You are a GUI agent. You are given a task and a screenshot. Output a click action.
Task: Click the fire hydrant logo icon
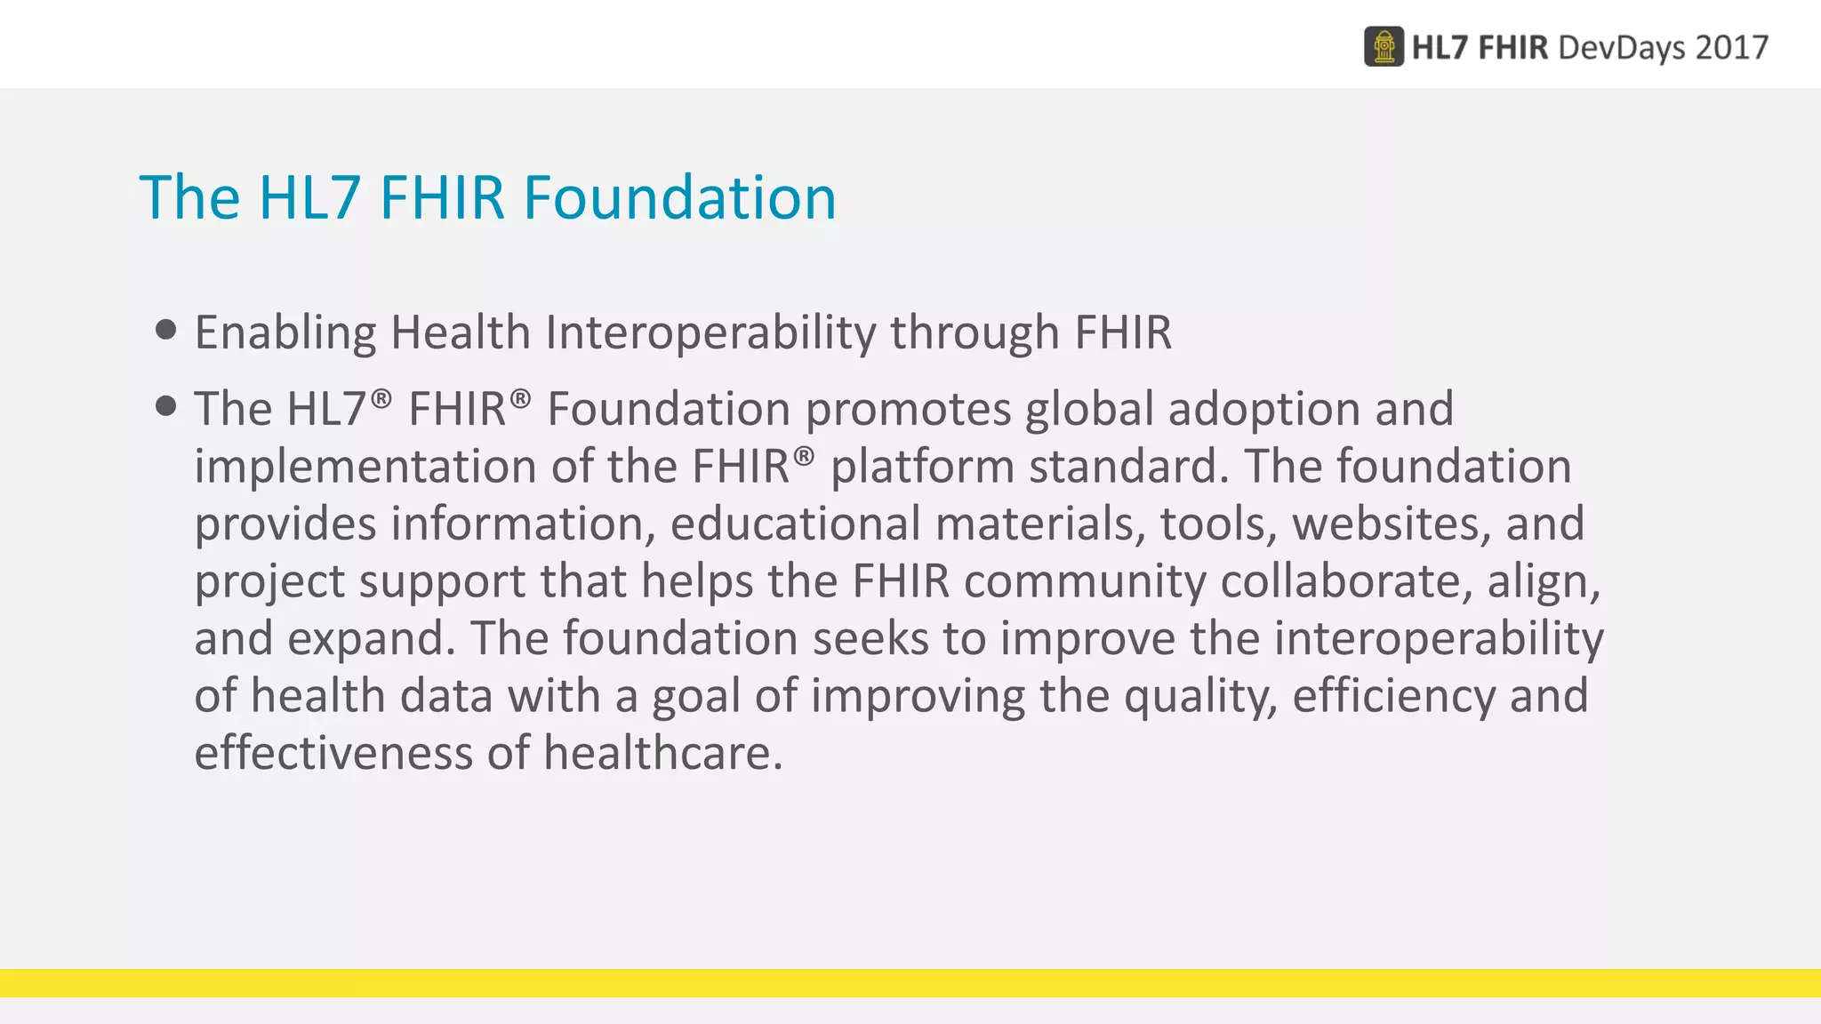pos(1384,47)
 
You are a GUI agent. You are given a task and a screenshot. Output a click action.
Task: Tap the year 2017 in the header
pos(1731,47)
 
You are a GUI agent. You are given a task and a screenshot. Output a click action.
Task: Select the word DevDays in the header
pos(1620,47)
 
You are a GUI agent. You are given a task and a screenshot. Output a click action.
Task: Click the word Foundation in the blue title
pos(679,197)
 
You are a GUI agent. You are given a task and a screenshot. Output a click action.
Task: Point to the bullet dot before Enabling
pos(165,331)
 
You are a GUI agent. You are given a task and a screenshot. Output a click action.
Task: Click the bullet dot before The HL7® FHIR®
pos(165,407)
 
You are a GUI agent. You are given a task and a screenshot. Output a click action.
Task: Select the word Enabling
pos(285,333)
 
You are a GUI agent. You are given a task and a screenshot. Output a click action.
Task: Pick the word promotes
pos(908,410)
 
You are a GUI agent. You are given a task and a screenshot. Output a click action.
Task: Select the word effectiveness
pos(333,753)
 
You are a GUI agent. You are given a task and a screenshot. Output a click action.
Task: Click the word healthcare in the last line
pos(662,753)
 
